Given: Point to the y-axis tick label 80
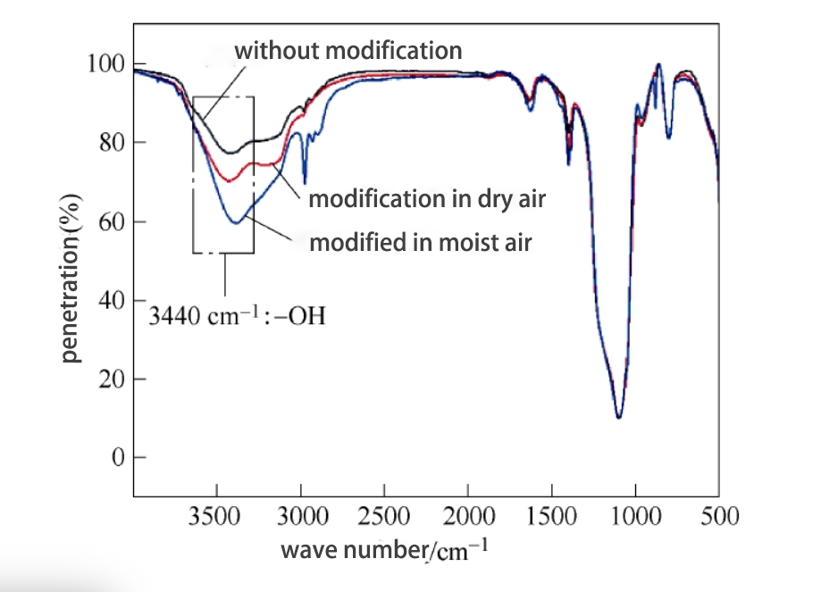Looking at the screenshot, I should click(x=109, y=143).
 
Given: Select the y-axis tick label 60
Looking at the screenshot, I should click(x=109, y=221).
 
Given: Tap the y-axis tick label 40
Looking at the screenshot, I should click(x=109, y=300).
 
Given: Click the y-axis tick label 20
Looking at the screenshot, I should click(x=109, y=379).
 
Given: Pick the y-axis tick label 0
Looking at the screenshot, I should click(x=115, y=457).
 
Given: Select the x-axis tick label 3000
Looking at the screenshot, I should click(x=301, y=517).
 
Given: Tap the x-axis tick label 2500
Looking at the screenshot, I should click(x=384, y=517).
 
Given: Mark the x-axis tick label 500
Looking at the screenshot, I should click(x=719, y=517).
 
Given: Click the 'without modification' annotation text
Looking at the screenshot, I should click(x=348, y=50).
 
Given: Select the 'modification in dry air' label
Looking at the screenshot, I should click(x=427, y=199).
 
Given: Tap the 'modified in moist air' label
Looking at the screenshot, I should click(x=420, y=242).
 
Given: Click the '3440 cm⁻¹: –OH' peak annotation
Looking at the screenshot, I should click(x=237, y=315).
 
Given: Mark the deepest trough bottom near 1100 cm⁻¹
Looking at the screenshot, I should click(x=618, y=417).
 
